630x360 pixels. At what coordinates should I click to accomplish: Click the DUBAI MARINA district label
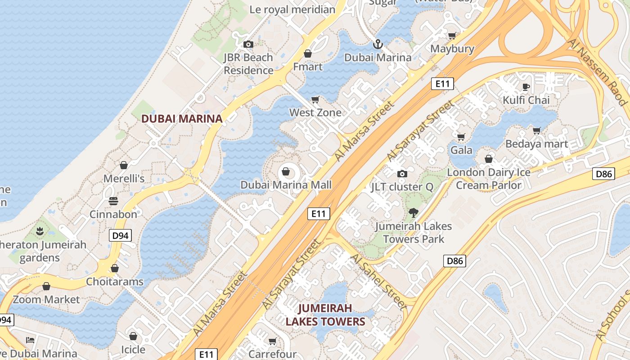click(x=182, y=119)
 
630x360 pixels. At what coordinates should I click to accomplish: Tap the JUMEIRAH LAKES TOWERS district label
click(x=325, y=315)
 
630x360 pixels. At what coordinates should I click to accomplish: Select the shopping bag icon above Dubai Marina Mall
click(x=286, y=171)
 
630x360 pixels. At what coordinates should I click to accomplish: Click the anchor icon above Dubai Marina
click(x=378, y=44)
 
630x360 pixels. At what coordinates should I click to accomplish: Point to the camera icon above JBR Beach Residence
click(x=248, y=44)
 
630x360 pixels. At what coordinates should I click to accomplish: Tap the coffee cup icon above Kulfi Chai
click(x=526, y=86)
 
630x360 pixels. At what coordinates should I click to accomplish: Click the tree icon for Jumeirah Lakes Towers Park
click(x=413, y=213)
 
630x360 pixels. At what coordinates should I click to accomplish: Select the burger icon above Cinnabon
click(x=113, y=201)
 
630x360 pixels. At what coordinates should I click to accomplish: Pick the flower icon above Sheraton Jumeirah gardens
click(x=40, y=232)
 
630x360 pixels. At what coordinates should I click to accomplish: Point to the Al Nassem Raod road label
click(x=598, y=72)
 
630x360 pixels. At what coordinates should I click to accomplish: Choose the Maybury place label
click(x=452, y=49)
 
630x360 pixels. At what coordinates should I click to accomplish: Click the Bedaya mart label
click(x=537, y=144)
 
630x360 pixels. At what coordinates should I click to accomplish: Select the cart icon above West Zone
click(x=315, y=99)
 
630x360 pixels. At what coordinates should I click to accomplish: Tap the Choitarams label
click(x=115, y=282)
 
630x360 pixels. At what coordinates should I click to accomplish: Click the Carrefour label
click(x=272, y=354)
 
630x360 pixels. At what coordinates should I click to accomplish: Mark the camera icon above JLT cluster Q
click(x=402, y=174)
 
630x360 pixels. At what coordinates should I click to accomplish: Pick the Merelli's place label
click(x=124, y=179)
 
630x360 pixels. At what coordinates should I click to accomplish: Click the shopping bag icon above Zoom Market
click(x=46, y=286)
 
